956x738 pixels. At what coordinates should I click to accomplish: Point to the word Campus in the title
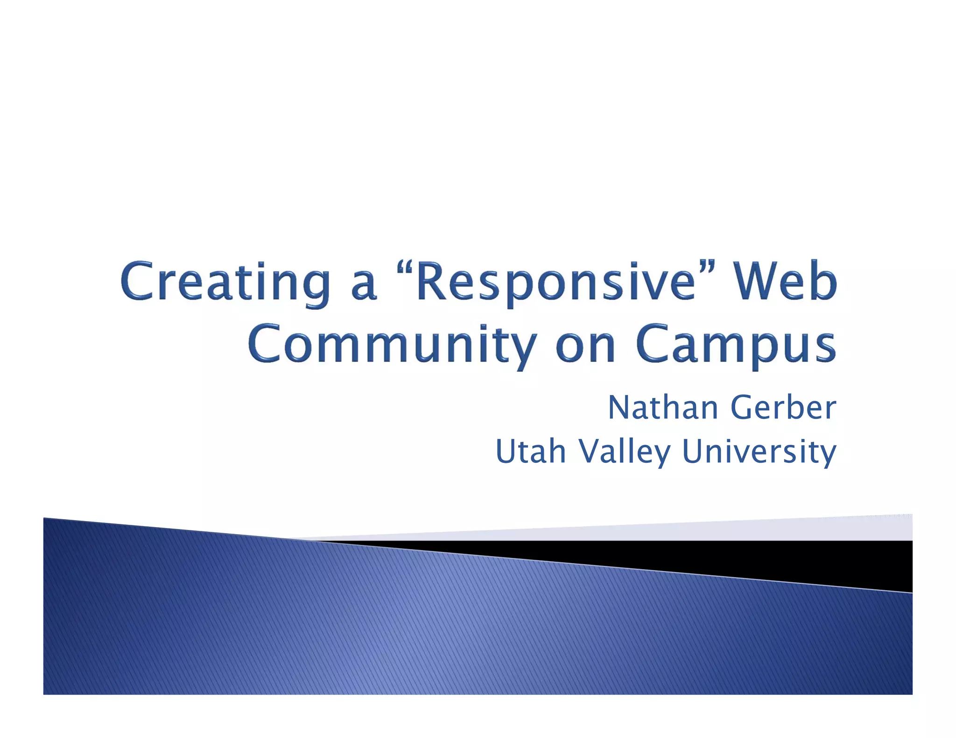(x=736, y=345)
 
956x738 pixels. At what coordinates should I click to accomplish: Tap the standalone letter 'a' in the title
(x=363, y=287)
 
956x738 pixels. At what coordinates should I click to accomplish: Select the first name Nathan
(x=663, y=408)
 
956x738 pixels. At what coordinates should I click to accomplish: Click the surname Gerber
(x=783, y=408)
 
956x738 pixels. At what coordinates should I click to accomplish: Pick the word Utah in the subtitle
(x=531, y=452)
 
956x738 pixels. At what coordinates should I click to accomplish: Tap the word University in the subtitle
(x=759, y=452)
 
